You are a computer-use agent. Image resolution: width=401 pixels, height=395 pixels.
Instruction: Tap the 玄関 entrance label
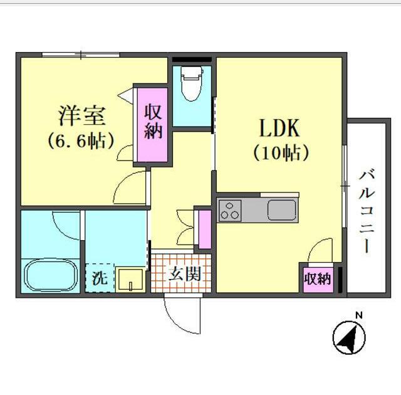pos(184,273)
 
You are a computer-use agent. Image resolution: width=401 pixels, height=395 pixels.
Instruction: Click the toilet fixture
pos(190,85)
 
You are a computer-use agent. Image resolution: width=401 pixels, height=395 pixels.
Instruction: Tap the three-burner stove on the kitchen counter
pos(229,210)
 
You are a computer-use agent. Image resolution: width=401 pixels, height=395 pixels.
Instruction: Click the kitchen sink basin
pos(282,209)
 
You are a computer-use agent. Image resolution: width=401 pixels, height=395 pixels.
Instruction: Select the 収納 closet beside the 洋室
pos(154,122)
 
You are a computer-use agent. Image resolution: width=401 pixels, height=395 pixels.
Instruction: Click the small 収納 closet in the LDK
pos(317,278)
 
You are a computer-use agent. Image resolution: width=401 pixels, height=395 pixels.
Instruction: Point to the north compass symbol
pos(350,339)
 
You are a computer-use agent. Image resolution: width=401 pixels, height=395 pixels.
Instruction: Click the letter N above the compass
pos(358,315)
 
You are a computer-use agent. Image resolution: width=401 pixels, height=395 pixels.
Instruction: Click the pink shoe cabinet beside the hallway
pos(204,229)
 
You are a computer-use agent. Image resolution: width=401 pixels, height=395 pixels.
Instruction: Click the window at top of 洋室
pos(81,55)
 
